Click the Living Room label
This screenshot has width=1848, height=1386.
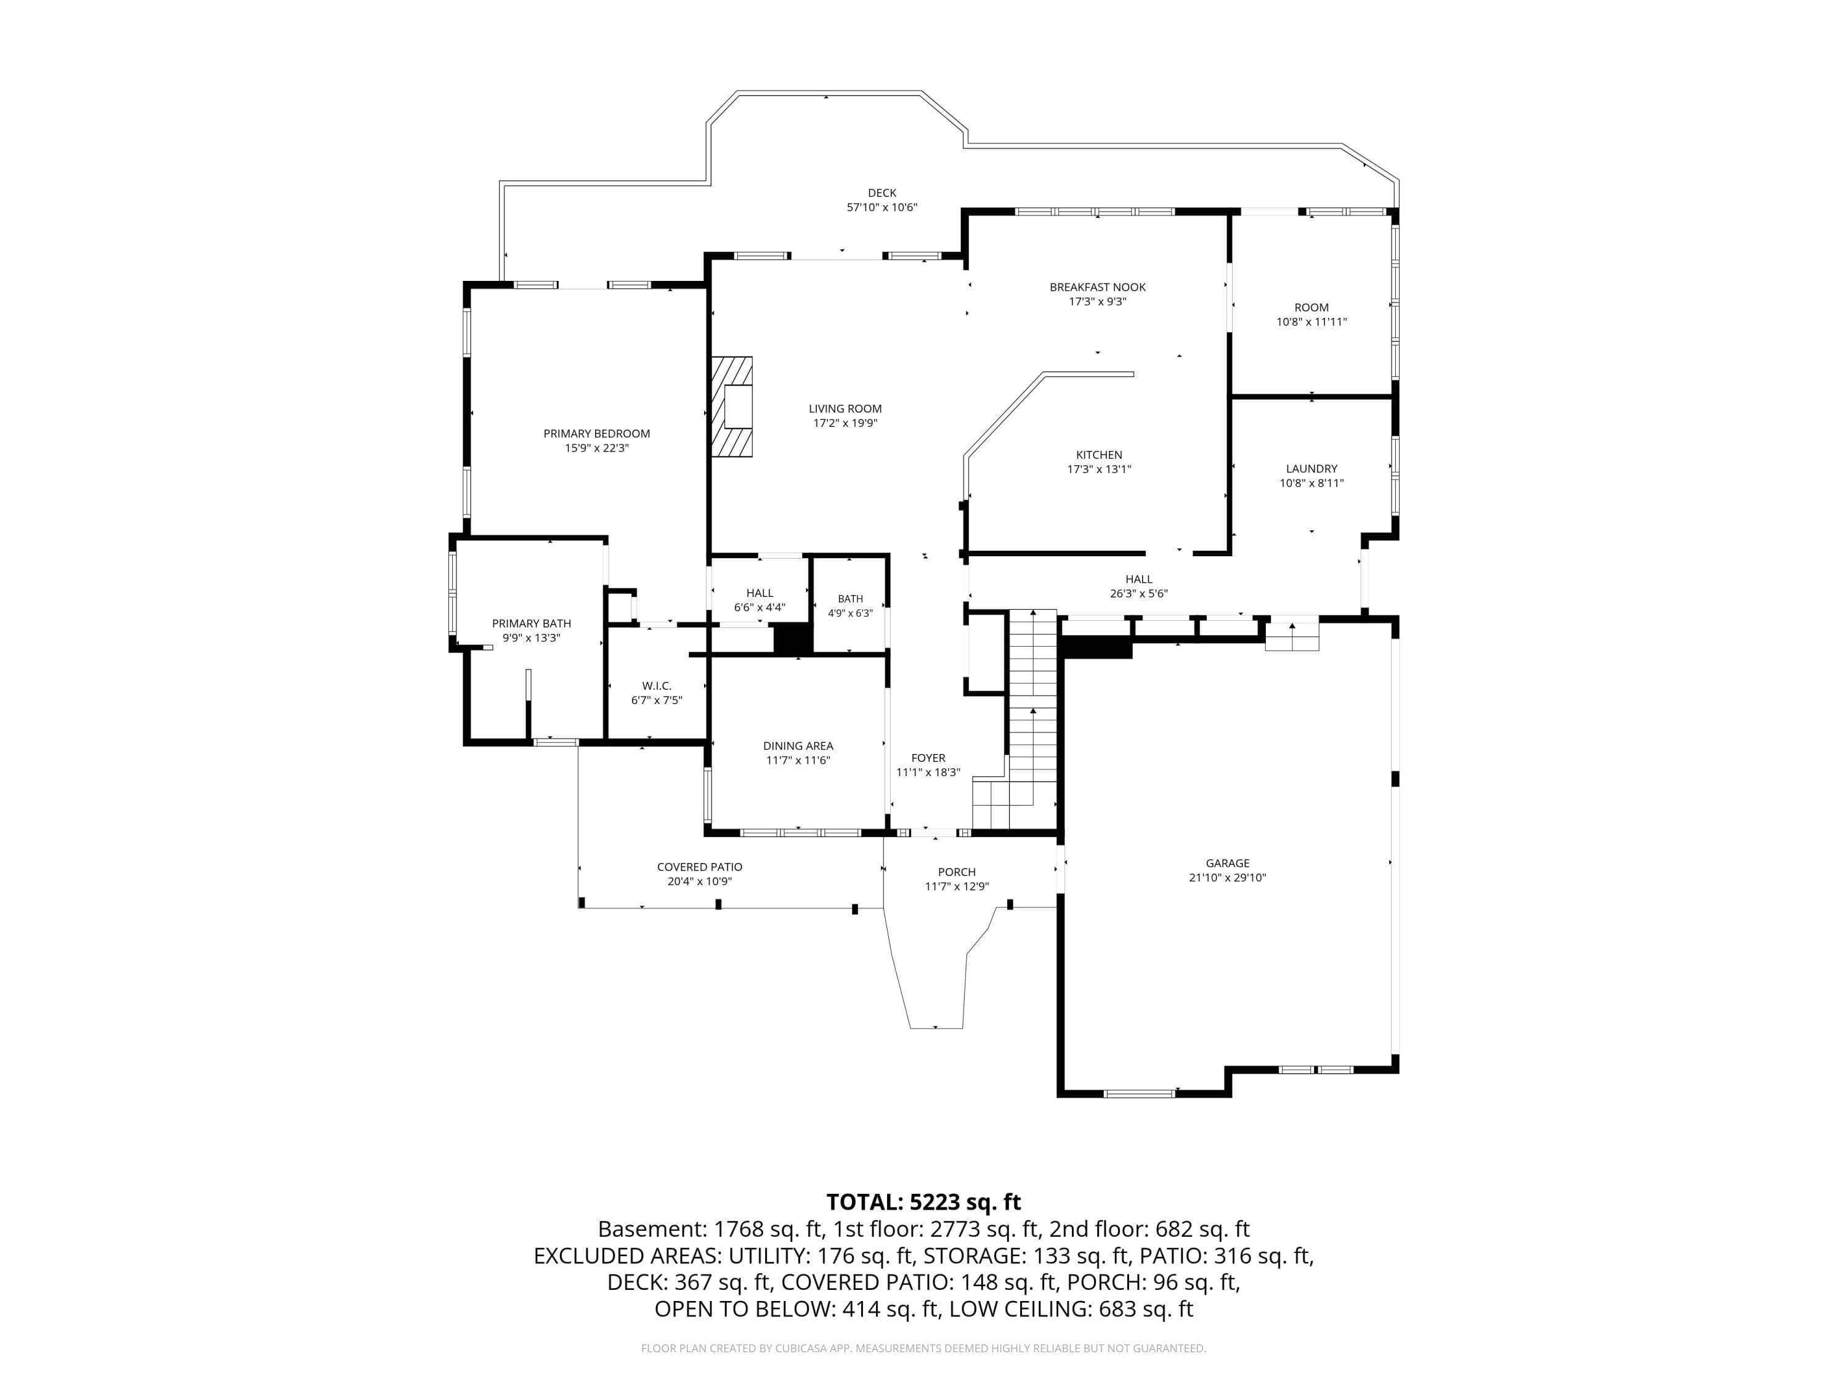point(845,408)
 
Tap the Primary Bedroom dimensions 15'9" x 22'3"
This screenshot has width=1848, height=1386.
point(596,448)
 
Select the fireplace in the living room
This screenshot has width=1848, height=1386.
point(732,407)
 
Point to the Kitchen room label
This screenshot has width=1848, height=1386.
point(1098,455)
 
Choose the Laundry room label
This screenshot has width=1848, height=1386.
point(1311,469)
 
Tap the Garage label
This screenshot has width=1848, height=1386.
point(1227,863)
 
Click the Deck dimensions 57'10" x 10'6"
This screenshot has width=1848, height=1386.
point(882,207)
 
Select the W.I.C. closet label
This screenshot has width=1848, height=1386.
point(657,686)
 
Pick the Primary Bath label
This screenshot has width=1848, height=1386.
point(532,623)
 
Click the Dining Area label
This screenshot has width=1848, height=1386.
point(798,746)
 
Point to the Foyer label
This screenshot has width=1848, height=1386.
point(928,758)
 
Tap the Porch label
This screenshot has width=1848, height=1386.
point(957,872)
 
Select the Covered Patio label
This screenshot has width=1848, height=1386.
point(699,867)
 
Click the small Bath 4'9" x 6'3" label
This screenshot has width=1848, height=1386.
point(851,606)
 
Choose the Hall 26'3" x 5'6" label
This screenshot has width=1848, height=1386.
point(1139,586)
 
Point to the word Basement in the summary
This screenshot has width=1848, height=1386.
point(651,1229)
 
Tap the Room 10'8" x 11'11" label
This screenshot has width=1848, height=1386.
point(1311,314)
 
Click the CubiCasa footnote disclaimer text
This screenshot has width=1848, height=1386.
point(924,1348)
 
